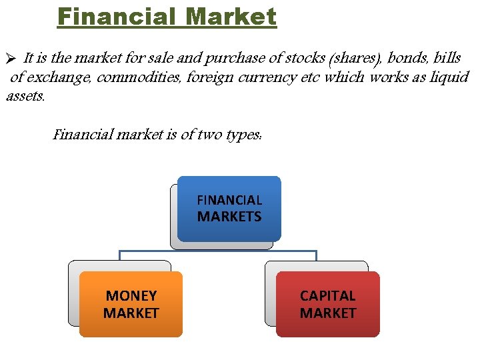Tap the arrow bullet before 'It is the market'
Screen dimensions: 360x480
pyautogui.click(x=9, y=59)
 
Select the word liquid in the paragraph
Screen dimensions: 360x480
pyautogui.click(x=450, y=77)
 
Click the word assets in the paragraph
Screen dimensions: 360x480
pyautogui.click(x=25, y=96)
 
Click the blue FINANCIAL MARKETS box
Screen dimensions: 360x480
pyautogui.click(x=229, y=208)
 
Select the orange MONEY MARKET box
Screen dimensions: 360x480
pyautogui.click(x=131, y=304)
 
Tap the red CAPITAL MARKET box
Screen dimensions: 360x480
pyautogui.click(x=328, y=304)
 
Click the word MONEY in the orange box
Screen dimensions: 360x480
pyautogui.click(x=131, y=295)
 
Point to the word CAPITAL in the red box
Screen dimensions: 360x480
pyautogui.click(x=328, y=295)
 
